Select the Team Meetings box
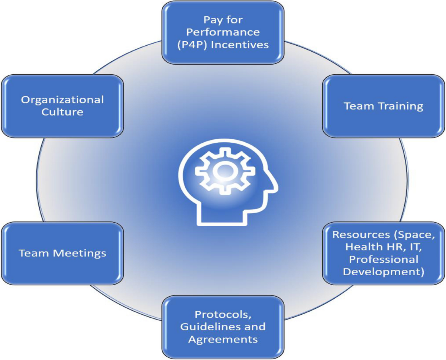click(62, 253)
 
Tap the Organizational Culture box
click(62, 106)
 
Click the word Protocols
click(222, 314)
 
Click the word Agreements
click(223, 339)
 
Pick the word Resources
click(358, 235)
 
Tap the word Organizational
click(62, 100)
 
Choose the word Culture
click(62, 112)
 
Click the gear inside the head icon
click(223, 171)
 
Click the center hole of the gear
click(223, 171)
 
